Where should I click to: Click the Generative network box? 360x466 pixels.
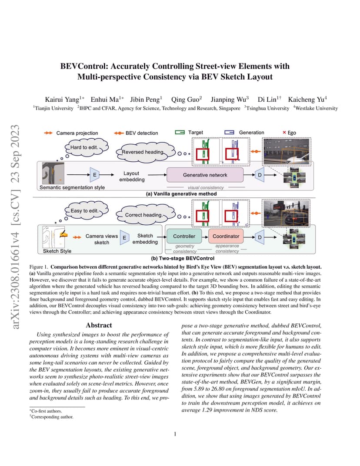pos(205,175)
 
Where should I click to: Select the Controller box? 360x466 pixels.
pos(184,236)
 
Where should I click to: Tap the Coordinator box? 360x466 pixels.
pos(226,236)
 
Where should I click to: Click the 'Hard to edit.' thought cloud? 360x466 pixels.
pos(86,147)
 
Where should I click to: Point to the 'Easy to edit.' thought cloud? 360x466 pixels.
pos(86,210)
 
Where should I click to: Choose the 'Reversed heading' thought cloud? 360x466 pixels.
pos(144,152)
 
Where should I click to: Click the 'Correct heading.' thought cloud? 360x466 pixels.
pos(145,215)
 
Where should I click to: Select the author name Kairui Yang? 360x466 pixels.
pos(62,99)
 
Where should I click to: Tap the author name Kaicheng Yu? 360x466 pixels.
pos(306,99)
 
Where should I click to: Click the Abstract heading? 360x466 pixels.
pos(99,325)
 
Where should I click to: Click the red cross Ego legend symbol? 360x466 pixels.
pos(284,132)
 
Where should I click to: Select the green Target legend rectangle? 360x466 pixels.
pos(180,132)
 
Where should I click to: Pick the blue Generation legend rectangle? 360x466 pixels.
pos(229,132)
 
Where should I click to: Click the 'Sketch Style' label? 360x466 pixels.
pos(57,251)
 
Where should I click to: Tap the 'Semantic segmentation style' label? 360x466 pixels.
pos(72,187)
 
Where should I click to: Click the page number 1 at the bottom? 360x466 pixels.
pos(175,434)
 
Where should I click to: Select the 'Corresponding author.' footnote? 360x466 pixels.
pos(51,417)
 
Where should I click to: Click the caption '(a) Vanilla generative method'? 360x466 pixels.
pos(181,194)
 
